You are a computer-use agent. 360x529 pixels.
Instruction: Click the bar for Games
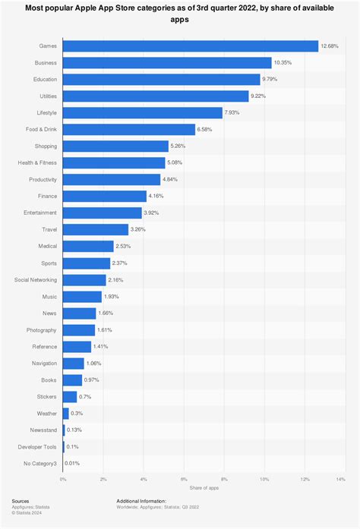pos(190,46)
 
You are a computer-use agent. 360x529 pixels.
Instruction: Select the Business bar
pos(166,63)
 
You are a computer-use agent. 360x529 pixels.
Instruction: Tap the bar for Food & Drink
pos(128,130)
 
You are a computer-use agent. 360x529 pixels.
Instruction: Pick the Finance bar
pos(104,196)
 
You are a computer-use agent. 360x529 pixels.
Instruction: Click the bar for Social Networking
pos(84,279)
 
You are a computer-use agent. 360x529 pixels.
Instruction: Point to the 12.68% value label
pos(329,46)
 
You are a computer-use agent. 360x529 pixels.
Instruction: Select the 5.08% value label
pos(175,162)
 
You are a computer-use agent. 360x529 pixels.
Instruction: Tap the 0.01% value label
pos(72,462)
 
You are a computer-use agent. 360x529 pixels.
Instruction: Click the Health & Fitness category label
pos(37,162)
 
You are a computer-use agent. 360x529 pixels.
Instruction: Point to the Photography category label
pos(40,329)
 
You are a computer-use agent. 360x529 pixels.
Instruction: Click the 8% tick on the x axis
pos(224,479)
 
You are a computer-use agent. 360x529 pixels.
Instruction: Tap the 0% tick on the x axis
pos(63,479)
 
